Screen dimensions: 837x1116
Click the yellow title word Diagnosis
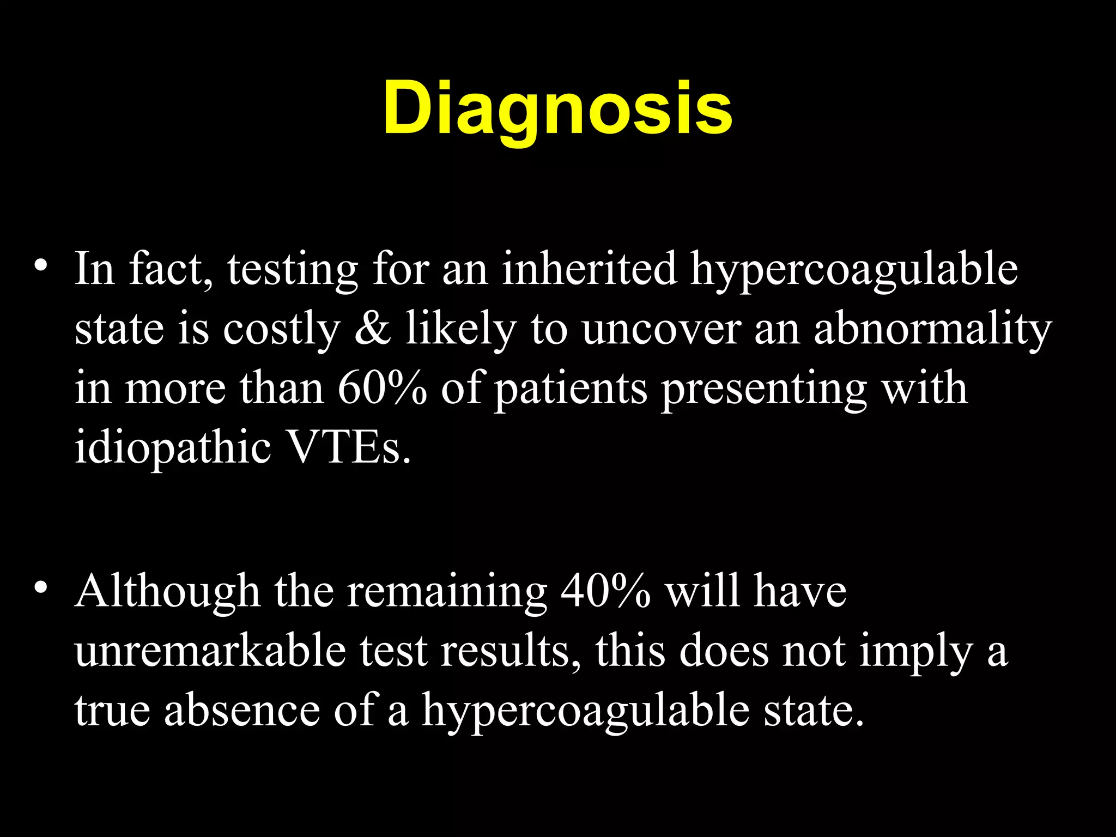click(557, 108)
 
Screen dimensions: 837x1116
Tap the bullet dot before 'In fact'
click(40, 265)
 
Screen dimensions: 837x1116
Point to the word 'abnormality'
click(932, 330)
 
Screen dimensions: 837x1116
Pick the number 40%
click(605, 591)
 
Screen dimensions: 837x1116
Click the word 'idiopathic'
click(173, 448)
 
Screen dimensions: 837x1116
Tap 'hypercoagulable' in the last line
click(585, 712)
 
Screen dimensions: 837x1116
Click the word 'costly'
click(281, 330)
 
